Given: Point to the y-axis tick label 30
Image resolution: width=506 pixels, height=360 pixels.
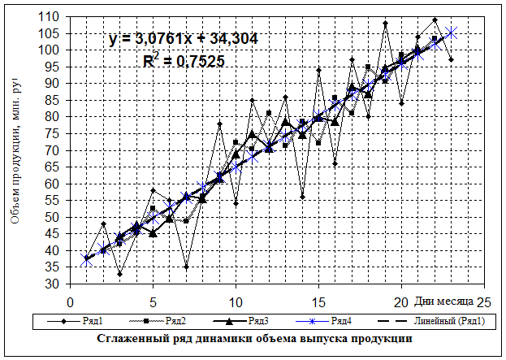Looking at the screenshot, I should (53, 284).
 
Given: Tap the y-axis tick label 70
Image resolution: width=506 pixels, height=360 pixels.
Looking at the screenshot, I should (53, 150).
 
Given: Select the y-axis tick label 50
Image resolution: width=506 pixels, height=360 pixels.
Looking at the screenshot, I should (53, 218).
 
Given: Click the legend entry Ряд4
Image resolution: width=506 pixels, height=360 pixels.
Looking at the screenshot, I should (341, 322).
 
